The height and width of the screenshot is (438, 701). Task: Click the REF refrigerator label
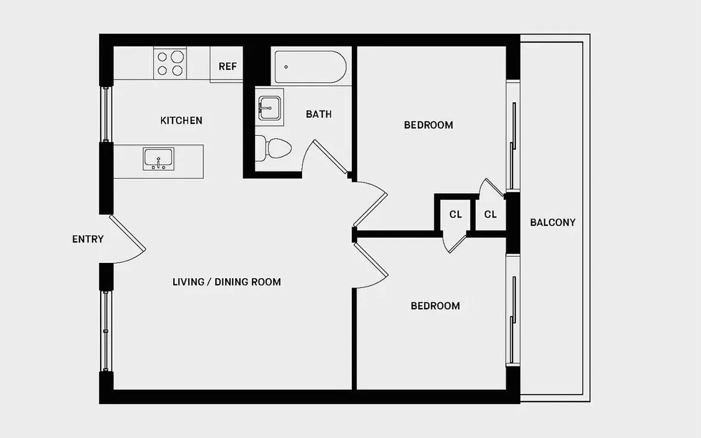pyautogui.click(x=227, y=66)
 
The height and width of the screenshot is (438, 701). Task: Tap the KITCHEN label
pyautogui.click(x=181, y=120)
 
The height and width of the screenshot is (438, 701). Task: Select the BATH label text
pyautogui.click(x=318, y=114)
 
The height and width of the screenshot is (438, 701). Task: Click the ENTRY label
pyautogui.click(x=88, y=239)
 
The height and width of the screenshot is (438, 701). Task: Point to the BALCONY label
pyautogui.click(x=552, y=222)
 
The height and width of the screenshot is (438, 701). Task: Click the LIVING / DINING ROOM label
pyautogui.click(x=226, y=283)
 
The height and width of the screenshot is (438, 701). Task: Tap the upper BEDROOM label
pyautogui.click(x=428, y=125)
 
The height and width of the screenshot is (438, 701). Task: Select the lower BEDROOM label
pyautogui.click(x=435, y=306)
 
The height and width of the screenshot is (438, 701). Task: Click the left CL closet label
pyautogui.click(x=455, y=215)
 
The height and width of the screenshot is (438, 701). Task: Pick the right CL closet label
pyautogui.click(x=490, y=215)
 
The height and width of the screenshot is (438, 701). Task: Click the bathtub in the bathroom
pyautogui.click(x=310, y=67)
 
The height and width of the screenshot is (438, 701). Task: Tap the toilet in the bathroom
pyautogui.click(x=274, y=148)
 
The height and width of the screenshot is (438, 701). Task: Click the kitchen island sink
pyautogui.click(x=158, y=159)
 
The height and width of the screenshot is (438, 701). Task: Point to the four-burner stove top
pyautogui.click(x=170, y=63)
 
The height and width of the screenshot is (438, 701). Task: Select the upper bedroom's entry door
pyautogui.click(x=371, y=205)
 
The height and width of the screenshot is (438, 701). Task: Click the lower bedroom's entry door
pyautogui.click(x=372, y=266)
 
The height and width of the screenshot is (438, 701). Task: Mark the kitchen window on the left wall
pyautogui.click(x=106, y=114)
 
